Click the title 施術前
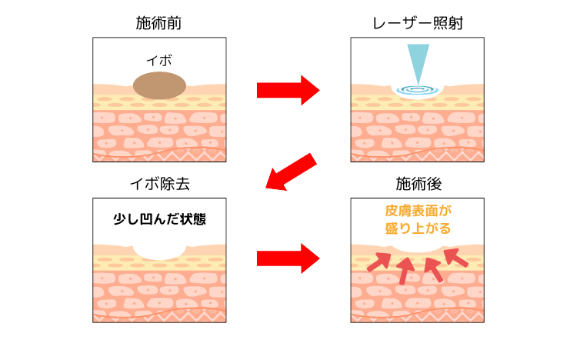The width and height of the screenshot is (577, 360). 158,23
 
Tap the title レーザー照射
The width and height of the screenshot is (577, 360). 418,23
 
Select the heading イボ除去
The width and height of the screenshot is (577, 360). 158,184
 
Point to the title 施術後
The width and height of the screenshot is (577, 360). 418,184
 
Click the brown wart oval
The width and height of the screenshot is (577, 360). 159,85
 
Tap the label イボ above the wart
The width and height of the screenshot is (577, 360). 158,58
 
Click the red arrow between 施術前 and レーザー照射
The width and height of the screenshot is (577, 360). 288,90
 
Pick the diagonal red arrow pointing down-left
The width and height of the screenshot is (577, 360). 290,172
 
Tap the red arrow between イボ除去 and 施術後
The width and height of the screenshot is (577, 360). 288,258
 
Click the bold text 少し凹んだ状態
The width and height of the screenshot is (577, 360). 158,218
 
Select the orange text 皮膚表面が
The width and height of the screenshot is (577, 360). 418,210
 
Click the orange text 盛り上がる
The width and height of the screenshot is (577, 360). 418,228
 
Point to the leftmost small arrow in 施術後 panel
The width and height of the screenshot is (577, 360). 378,262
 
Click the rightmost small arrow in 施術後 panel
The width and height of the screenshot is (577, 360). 457,257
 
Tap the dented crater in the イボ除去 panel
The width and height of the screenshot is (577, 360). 159,248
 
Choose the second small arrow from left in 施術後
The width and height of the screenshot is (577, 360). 406,269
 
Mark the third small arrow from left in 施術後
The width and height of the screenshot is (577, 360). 433,269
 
